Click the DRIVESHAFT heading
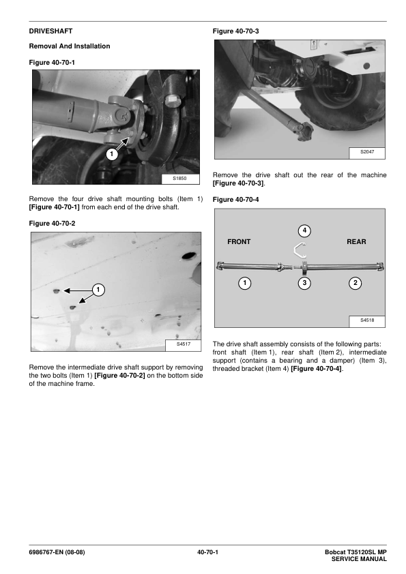coord(50,31)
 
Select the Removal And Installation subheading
coord(69,46)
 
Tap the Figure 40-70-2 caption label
coord(52,224)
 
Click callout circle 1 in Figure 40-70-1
coord(112,154)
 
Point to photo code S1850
coord(179,179)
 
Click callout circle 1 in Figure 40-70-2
coord(98,290)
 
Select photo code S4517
coord(184,344)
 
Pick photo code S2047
coord(367,151)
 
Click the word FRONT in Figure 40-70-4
coord(239,241)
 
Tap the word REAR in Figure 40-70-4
coord(356,241)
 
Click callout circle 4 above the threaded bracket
coord(304,231)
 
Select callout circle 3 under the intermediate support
coord(304,283)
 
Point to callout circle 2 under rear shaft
coord(355,283)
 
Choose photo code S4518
coord(367,320)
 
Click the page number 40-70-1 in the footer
coord(207,552)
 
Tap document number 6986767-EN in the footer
coord(46,552)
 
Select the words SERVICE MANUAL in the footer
coord(359,559)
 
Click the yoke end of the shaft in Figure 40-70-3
coord(306,130)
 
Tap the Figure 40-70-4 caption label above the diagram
coord(235,200)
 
